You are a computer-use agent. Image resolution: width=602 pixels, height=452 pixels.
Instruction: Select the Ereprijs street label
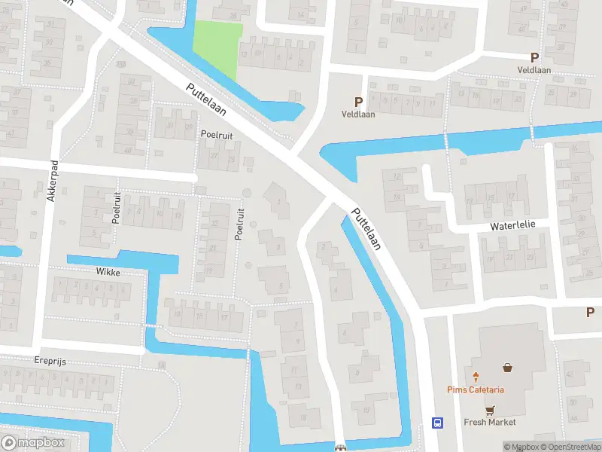(x=50, y=362)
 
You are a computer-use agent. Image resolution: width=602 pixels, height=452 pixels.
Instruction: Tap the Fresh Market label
(x=490, y=423)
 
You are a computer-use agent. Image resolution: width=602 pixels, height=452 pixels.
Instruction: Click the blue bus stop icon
(x=436, y=423)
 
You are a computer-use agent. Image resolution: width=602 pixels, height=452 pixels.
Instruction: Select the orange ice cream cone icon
(x=476, y=376)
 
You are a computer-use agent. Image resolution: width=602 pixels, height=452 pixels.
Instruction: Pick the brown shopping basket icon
(x=508, y=368)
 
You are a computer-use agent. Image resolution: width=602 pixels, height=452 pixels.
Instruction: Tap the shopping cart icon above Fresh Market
(x=490, y=411)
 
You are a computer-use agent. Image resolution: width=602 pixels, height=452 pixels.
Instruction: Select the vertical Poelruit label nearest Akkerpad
(x=117, y=207)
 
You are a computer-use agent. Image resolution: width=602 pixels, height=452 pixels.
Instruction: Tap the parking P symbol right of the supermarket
(x=591, y=312)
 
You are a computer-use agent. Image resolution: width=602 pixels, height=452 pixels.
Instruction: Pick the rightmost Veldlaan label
(x=535, y=69)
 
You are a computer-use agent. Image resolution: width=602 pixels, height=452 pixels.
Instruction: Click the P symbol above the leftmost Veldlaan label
(x=358, y=102)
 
